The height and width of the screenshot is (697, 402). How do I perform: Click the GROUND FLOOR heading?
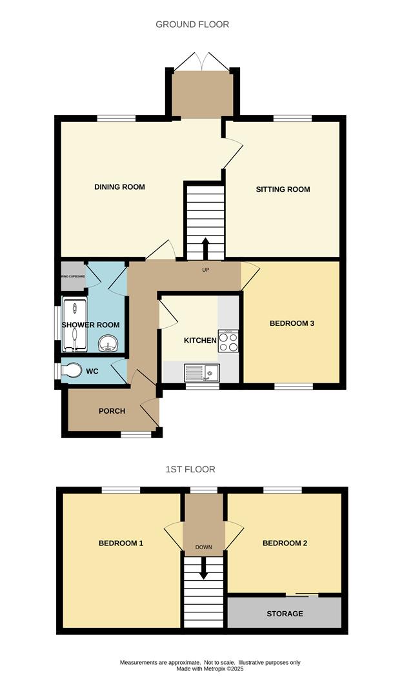[x=192, y=25]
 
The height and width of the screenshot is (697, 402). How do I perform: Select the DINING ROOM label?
[x=119, y=187]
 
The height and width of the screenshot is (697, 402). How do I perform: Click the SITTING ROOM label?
[x=283, y=189]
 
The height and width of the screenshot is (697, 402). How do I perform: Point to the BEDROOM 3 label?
[x=292, y=323]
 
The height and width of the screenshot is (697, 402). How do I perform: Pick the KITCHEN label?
[x=200, y=340]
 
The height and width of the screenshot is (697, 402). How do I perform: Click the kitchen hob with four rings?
[x=228, y=341]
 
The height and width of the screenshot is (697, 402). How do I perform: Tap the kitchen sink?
[x=203, y=372]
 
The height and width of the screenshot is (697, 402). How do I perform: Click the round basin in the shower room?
[x=109, y=343]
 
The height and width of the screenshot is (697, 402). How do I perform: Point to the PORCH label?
[x=112, y=411]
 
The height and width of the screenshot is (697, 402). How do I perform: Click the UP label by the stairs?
[x=206, y=269]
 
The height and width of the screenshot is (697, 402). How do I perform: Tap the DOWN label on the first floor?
[x=204, y=547]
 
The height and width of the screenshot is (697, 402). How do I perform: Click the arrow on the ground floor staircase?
[x=206, y=248]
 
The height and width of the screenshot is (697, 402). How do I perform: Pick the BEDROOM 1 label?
[x=121, y=543]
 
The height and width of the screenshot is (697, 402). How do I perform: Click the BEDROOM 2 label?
[x=285, y=543]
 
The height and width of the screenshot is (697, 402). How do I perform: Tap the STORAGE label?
[x=285, y=613]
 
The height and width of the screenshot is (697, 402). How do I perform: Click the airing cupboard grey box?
[x=73, y=276]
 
